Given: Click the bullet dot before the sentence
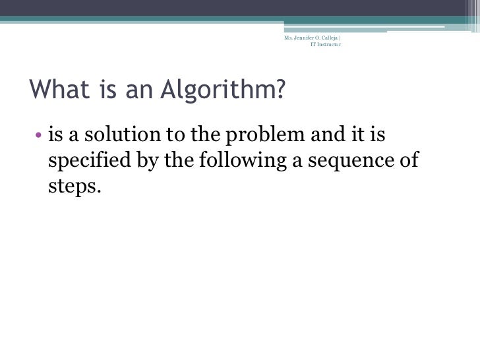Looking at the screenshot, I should coord(38,138).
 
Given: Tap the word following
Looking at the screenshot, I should coord(239,162).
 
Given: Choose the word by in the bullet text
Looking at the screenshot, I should coord(149,162).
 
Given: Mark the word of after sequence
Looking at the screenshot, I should coord(408,162).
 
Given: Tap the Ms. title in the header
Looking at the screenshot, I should coord(287,38).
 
